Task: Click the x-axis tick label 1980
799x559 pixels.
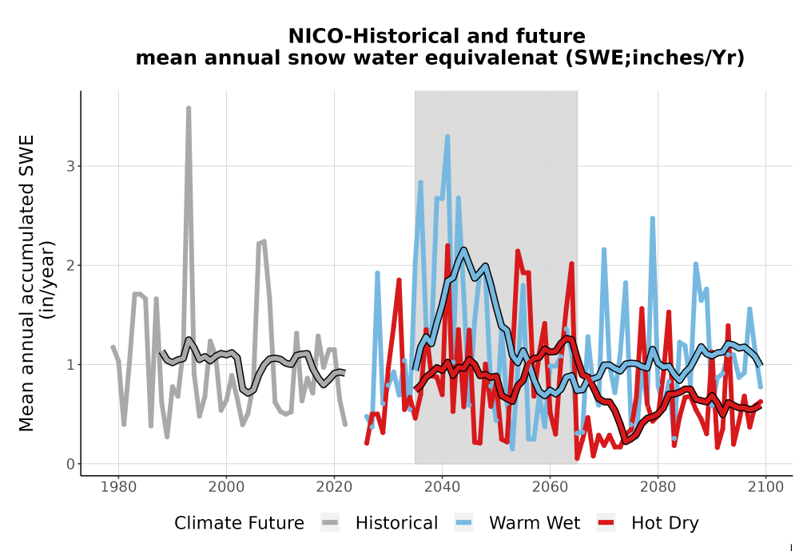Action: pyautogui.click(x=118, y=486)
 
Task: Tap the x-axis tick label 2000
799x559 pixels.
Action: pyautogui.click(x=226, y=486)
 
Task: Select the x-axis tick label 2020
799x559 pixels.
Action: pyautogui.click(x=334, y=486)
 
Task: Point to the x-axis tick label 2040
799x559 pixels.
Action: pyautogui.click(x=442, y=486)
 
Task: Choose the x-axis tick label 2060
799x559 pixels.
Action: pyautogui.click(x=550, y=486)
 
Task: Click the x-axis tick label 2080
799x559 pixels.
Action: pyautogui.click(x=658, y=486)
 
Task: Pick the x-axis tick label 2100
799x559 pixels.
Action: pyautogui.click(x=765, y=486)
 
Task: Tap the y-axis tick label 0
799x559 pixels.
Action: pyautogui.click(x=70, y=464)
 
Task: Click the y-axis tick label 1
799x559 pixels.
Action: pyautogui.click(x=70, y=364)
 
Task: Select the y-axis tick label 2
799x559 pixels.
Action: pyautogui.click(x=70, y=265)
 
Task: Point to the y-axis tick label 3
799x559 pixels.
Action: pyautogui.click(x=70, y=166)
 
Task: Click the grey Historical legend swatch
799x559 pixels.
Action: pyautogui.click(x=330, y=522)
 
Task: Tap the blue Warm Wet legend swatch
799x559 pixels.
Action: pyautogui.click(x=463, y=522)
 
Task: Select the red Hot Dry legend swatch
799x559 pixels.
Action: pyautogui.click(x=606, y=522)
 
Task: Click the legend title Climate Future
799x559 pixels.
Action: pyautogui.click(x=239, y=523)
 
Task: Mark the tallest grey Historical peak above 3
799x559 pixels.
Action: pyautogui.click(x=189, y=108)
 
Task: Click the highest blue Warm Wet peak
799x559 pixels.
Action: pyautogui.click(x=447, y=137)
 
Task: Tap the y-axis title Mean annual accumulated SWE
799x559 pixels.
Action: pyautogui.click(x=26, y=283)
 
